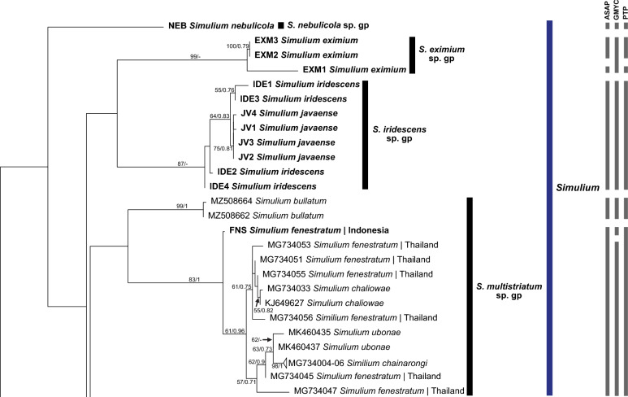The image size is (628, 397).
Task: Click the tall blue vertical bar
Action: coord(550,203)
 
